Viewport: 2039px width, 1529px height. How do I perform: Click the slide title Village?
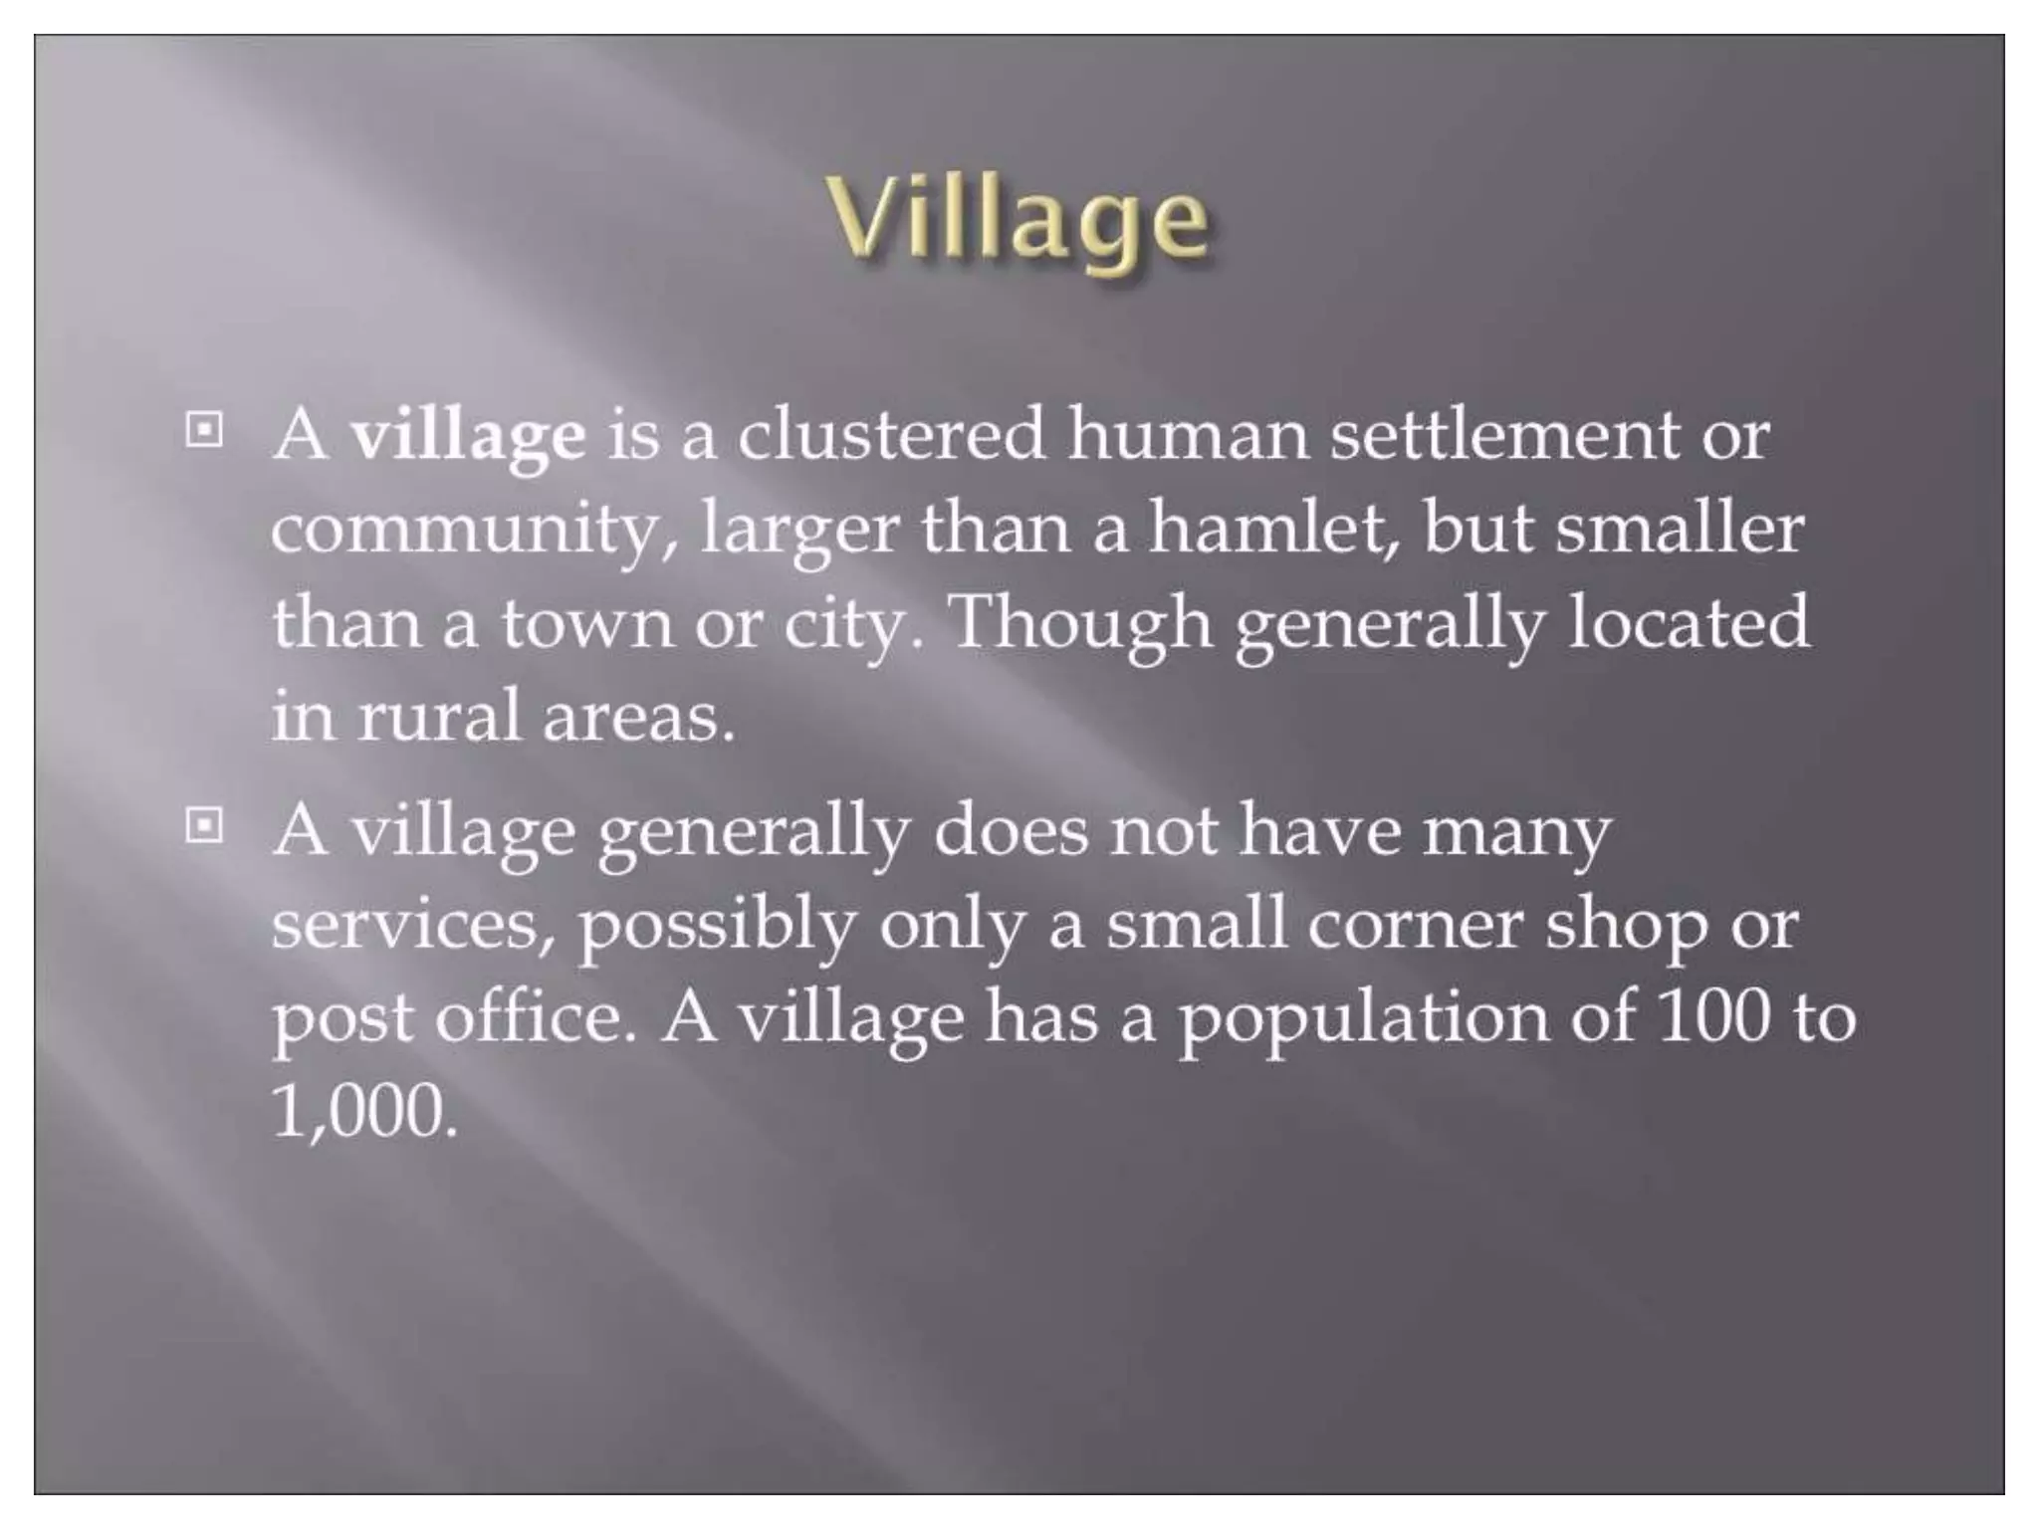click(1019, 221)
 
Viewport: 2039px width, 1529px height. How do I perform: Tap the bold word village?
click(468, 436)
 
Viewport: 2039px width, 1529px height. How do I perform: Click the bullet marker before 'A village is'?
click(204, 431)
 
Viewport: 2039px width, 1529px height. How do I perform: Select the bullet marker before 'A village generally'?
click(204, 825)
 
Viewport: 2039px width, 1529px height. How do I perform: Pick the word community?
click(464, 530)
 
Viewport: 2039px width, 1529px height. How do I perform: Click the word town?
click(586, 623)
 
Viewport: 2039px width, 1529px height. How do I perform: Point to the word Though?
click(1081, 625)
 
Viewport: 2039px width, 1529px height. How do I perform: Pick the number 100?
click(1715, 1017)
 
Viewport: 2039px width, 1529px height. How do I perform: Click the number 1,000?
click(364, 1111)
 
